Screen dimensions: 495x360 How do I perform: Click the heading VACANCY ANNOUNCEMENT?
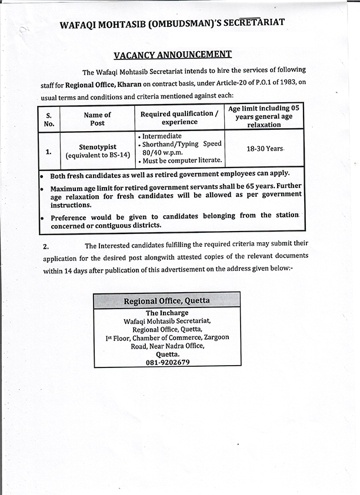point(172,55)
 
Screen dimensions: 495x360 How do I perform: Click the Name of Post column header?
point(98,119)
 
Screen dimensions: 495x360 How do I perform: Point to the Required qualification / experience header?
point(180,118)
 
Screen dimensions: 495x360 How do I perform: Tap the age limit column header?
point(264,116)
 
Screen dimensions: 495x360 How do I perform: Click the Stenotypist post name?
point(97,146)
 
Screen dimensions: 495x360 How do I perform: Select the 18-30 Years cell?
point(265,149)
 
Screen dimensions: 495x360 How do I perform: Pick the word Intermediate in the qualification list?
point(162,136)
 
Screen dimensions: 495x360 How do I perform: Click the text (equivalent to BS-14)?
point(97,155)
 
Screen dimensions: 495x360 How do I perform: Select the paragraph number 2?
point(46,246)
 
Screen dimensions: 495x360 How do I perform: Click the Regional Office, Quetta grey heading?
point(166,301)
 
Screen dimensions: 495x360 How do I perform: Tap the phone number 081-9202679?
point(168,363)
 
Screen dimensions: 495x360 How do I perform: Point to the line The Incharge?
point(167,313)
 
